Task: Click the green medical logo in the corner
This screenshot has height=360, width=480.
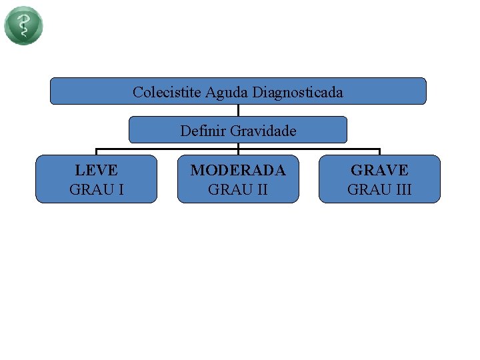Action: [x=23, y=25]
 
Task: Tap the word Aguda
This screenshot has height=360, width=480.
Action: [x=226, y=92]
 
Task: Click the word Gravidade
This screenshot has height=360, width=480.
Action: [x=263, y=131]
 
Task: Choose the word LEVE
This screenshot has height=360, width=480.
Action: [x=96, y=171]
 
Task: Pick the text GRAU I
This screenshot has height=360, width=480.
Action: [x=96, y=189]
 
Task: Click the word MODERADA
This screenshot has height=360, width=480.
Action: [x=238, y=171]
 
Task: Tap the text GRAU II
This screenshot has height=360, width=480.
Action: [x=238, y=189]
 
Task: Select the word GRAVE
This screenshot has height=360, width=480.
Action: [x=379, y=171]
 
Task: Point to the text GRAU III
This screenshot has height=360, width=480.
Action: [x=379, y=189]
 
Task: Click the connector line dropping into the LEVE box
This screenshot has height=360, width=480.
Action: [x=97, y=152]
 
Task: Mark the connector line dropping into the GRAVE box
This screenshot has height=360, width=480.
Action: [x=379, y=152]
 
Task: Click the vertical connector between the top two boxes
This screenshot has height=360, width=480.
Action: [x=238, y=110]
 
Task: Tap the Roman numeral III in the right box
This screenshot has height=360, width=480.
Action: [x=402, y=189]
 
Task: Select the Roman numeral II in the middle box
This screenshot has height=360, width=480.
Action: [x=261, y=189]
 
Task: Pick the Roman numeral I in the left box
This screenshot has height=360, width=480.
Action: [x=120, y=189]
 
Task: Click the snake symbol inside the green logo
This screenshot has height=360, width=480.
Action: [x=23, y=25]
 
